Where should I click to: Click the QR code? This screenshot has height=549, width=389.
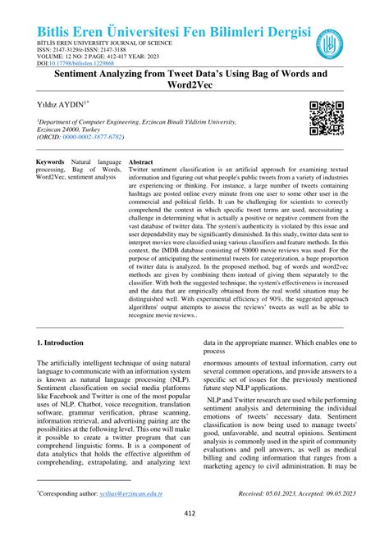tap(327, 118)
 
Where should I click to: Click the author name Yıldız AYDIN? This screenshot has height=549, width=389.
tap(63, 106)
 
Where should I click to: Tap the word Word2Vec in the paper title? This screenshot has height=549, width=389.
tap(194, 86)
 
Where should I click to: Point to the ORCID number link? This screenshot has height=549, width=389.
tap(95, 138)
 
